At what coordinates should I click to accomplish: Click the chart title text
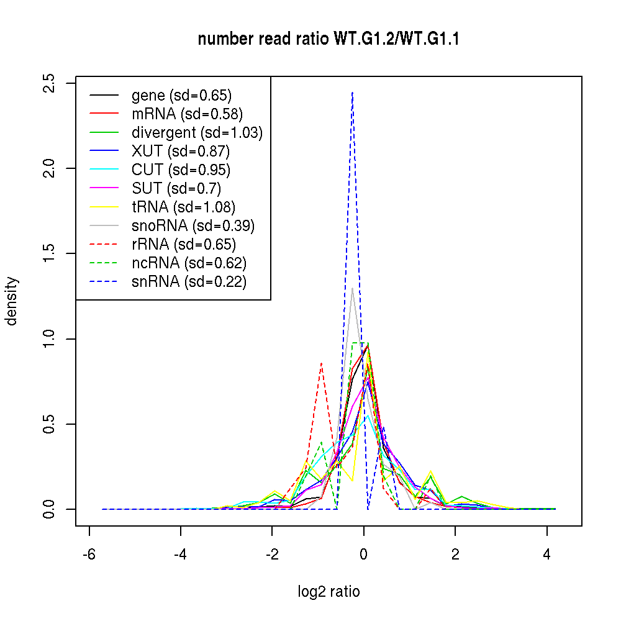[x=329, y=40]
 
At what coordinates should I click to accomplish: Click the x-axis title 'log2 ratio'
[x=329, y=592]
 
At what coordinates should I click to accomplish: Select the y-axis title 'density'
[x=12, y=301]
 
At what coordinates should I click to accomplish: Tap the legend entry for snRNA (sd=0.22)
[x=189, y=282]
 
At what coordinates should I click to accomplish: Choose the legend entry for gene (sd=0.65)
[x=181, y=96]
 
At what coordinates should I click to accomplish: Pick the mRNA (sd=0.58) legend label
[x=187, y=114]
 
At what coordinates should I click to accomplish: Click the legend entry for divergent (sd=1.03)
[x=197, y=133]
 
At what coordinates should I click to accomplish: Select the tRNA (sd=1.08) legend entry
[x=183, y=207]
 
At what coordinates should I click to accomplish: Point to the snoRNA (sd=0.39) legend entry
[x=193, y=226]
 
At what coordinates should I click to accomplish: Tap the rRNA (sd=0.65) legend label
[x=184, y=245]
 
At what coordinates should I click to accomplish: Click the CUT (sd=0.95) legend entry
[x=181, y=170]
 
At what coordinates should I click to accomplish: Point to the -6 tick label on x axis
[x=89, y=553]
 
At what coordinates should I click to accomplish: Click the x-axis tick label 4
[x=547, y=553]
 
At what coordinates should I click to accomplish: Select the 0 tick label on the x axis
[x=364, y=553]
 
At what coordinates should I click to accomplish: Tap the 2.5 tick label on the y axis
[x=50, y=83]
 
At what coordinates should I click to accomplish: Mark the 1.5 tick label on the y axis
[x=50, y=253]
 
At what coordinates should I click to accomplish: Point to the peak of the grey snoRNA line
[x=352, y=288]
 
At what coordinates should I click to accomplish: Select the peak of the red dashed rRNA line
[x=321, y=363]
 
